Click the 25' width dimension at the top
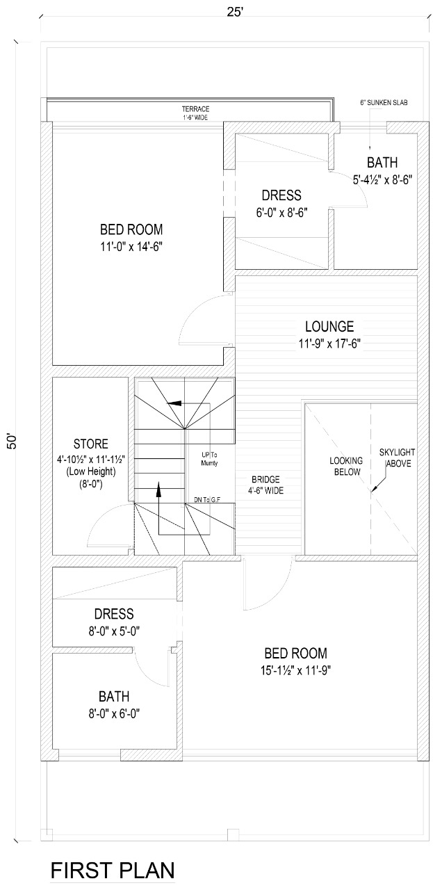[235, 12]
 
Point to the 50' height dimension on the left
[13, 441]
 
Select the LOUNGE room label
[329, 327]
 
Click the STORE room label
[90, 444]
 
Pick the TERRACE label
[195, 108]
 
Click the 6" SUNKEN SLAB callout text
[384, 102]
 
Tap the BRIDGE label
[265, 480]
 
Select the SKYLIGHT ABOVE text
[398, 458]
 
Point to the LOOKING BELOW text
[346, 467]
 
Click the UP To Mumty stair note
[209, 459]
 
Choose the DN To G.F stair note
[207, 500]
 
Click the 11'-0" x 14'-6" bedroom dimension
[131, 247]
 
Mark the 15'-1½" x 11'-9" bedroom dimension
[296, 671]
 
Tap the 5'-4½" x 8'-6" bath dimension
[382, 180]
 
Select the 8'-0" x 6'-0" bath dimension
[114, 714]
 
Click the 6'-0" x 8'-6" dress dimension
[281, 213]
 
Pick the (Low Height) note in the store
[90, 471]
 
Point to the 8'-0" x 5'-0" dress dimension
[114, 631]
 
